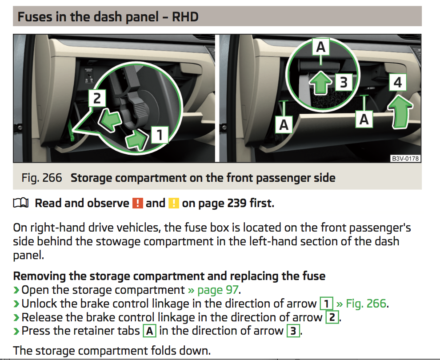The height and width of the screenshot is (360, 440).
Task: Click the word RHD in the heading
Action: pyautogui.click(x=185, y=16)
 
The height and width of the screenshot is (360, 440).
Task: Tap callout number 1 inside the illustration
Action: pyautogui.click(x=160, y=135)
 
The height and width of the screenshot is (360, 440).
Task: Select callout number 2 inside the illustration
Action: pyautogui.click(x=97, y=98)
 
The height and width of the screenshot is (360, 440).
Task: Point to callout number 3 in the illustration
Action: pyautogui.click(x=344, y=82)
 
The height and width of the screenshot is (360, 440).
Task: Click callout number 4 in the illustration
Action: pyautogui.click(x=398, y=82)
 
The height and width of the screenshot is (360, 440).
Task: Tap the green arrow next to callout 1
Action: pyautogui.click(x=136, y=140)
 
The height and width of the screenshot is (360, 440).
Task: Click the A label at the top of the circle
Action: pyautogui.click(x=321, y=47)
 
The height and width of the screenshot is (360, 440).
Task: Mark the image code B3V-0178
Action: pyautogui.click(x=405, y=159)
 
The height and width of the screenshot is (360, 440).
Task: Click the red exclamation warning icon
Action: pyautogui.click(x=137, y=203)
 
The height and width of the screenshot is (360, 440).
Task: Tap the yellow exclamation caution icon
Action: pyautogui.click(x=174, y=203)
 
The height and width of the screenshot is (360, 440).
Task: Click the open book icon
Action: pyautogui.click(x=21, y=203)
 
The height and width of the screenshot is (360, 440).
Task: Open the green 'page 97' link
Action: pyautogui.click(x=213, y=290)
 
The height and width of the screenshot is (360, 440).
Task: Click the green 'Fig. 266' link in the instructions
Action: pyautogui.click(x=362, y=303)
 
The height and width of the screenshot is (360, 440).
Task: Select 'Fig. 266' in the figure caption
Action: pyautogui.click(x=41, y=178)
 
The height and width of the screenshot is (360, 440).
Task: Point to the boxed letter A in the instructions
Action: pyautogui.click(x=150, y=331)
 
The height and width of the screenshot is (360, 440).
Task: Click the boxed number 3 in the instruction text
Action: pyautogui.click(x=293, y=331)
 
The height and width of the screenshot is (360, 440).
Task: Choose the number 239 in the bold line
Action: pyautogui.click(x=237, y=203)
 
